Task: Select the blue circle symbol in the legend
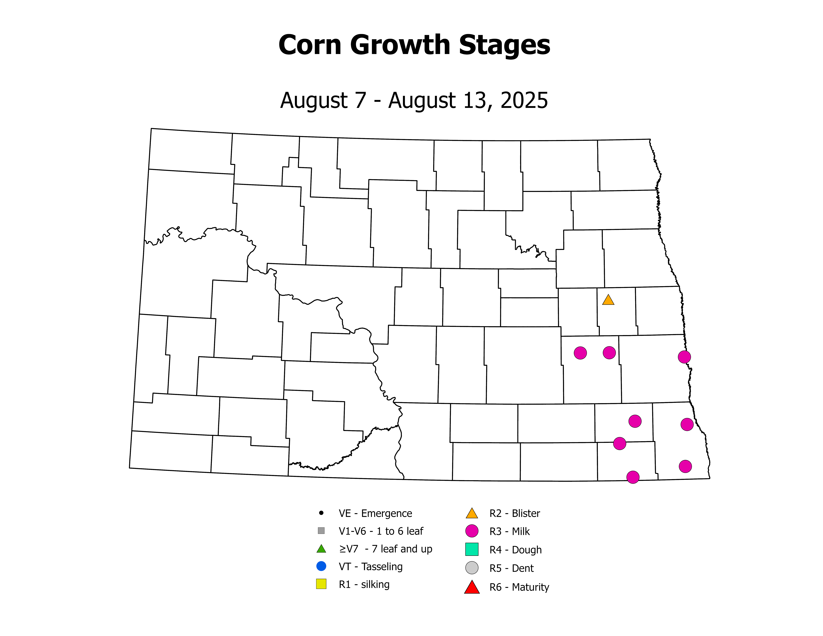(321, 566)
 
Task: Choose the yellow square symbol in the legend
(321, 584)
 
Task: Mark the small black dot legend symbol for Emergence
(321, 513)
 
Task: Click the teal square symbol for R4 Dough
(472, 549)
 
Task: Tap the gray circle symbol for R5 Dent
(472, 568)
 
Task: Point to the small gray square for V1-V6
(321, 530)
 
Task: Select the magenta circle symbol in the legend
(472, 531)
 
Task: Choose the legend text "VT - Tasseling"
(370, 567)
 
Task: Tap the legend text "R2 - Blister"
(514, 513)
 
